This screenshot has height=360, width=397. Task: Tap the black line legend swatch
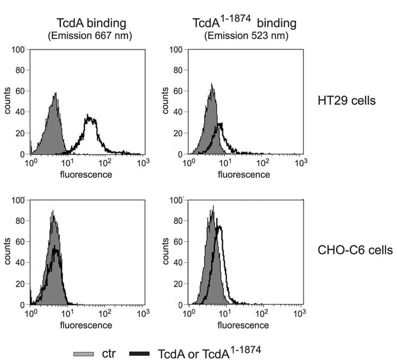[x=138, y=352]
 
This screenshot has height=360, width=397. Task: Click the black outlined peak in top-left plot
[x=90, y=119]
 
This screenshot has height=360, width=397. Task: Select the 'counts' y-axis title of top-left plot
[x=9, y=102]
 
